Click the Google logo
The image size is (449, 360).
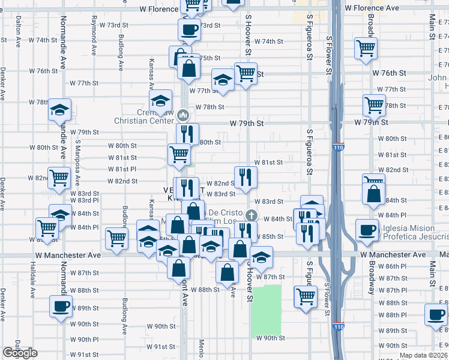pyautogui.click(x=20, y=353)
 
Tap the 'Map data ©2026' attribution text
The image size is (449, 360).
pyautogui.click(x=423, y=355)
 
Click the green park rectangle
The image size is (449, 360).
pyautogui.click(x=267, y=310)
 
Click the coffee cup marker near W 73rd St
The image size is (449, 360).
pyautogui.click(x=189, y=29)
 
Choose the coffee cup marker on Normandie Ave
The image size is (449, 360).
pyautogui.click(x=60, y=306)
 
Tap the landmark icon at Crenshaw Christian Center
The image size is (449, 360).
pyautogui.click(x=184, y=115)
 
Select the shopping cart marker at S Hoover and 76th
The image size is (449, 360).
pyautogui.click(x=246, y=74)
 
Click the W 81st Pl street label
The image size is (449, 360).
pyautogui.click(x=122, y=169)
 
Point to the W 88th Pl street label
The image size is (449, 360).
pyautogui.click(x=397, y=314)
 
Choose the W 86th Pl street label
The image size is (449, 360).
pyautogui.click(x=397, y=266)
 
